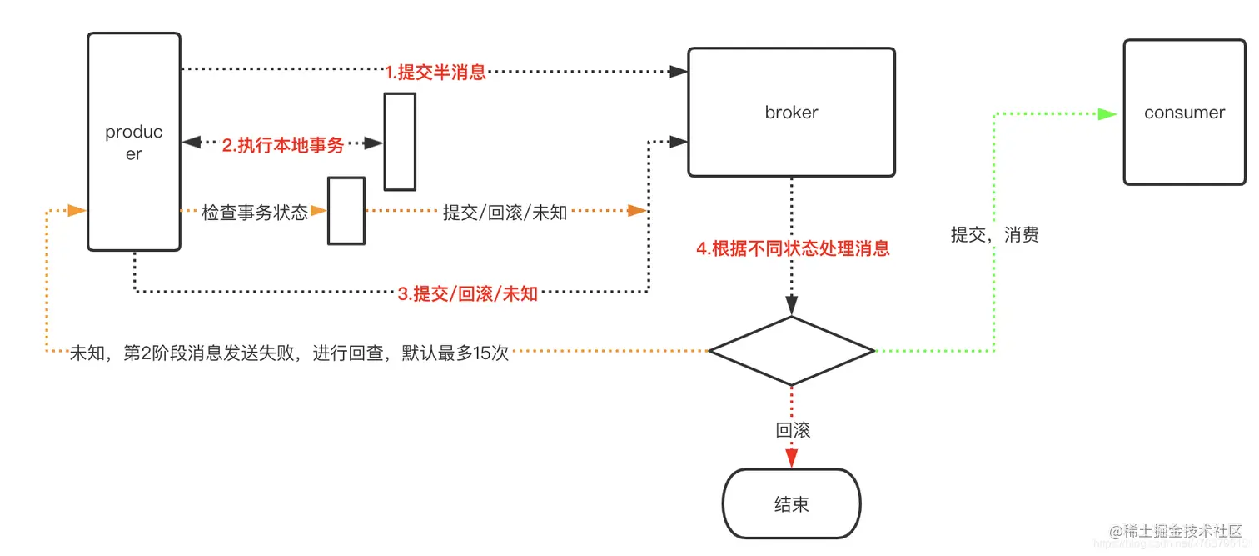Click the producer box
pos(134,142)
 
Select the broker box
pos(791,112)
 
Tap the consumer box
pos(1184,113)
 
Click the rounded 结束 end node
pos(791,503)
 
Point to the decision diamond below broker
pos(791,351)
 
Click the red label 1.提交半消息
pos(435,72)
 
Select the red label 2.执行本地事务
pos(283,145)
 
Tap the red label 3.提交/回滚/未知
pos(467,293)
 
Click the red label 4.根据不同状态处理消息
pos(793,248)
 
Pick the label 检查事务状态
pos(255,213)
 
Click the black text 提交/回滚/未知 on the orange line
pos(505,213)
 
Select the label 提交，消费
pos(995,235)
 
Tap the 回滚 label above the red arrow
pos(793,430)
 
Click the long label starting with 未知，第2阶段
pos(289,353)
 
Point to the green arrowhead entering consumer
pos(1107,114)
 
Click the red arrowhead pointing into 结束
pos(791,458)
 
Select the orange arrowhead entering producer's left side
pos(77,211)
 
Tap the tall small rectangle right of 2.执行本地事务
pos(400,142)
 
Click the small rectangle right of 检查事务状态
pos(346,211)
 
